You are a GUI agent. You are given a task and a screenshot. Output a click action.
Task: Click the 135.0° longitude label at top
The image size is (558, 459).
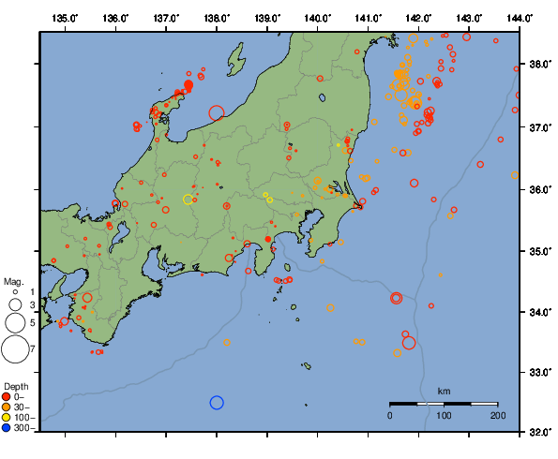click(x=65, y=18)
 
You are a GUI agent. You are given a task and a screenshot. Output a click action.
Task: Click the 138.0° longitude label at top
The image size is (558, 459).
click(x=217, y=18)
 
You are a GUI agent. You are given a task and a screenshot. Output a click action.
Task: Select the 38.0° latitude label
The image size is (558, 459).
click(x=539, y=65)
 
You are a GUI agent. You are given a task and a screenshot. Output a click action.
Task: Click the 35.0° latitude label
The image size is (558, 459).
click(x=539, y=251)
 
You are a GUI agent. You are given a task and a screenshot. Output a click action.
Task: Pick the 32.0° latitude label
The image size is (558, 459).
click(x=539, y=433)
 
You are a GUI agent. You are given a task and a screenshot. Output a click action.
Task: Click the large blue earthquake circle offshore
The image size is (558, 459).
click(x=217, y=403)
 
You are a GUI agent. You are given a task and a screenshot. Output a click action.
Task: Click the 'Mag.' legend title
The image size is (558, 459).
click(x=12, y=281)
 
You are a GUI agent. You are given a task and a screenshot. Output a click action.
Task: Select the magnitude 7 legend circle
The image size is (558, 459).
click(x=14, y=349)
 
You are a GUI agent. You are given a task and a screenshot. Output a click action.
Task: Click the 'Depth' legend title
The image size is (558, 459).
click(x=16, y=386)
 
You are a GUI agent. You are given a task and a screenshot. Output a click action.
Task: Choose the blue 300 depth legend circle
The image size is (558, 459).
click(x=8, y=428)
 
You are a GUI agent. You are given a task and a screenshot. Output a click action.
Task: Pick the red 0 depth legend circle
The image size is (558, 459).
click(x=8, y=396)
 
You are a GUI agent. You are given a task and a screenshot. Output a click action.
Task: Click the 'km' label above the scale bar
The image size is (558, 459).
click(x=444, y=391)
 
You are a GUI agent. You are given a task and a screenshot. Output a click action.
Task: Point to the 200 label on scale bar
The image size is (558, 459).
click(x=497, y=414)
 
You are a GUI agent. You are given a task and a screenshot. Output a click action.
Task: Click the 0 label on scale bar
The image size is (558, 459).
click(x=390, y=414)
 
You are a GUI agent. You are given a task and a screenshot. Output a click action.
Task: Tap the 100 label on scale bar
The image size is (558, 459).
click(x=444, y=414)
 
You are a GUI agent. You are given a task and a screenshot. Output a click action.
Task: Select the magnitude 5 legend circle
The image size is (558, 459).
click(x=14, y=323)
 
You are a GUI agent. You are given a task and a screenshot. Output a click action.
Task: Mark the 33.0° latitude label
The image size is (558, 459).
click(x=539, y=373)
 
